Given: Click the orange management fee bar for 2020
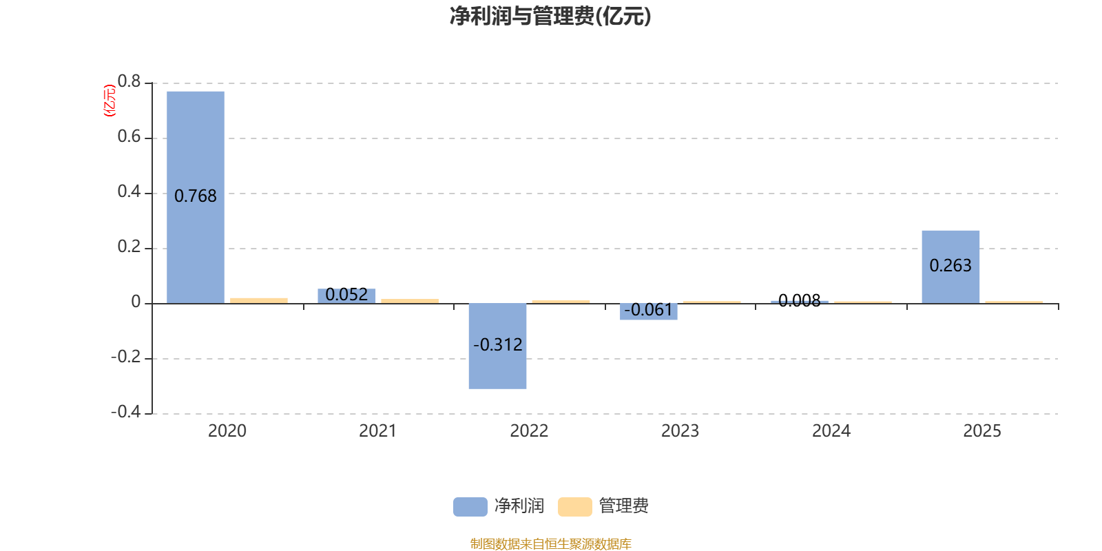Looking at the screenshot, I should click(x=259, y=300).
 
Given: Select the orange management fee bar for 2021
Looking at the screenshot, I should click(x=410, y=301).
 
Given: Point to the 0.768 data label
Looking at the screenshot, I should click(x=196, y=196).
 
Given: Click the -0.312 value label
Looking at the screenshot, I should click(x=497, y=344).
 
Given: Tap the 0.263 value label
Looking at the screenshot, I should click(x=950, y=266).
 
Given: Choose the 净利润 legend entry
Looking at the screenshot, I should click(x=500, y=506).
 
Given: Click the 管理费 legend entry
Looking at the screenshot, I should click(x=604, y=506).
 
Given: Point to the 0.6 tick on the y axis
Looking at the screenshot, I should click(x=129, y=137).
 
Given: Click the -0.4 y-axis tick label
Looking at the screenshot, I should click(x=125, y=412).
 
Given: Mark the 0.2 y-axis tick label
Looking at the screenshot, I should click(x=129, y=247).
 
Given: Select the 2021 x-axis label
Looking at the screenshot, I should click(x=377, y=431).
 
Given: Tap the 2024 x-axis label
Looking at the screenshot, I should click(x=831, y=431).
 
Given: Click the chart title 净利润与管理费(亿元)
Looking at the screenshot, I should click(x=550, y=16).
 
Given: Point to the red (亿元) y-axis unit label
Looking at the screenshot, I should click(x=109, y=101).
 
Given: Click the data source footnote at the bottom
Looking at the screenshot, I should click(x=550, y=544).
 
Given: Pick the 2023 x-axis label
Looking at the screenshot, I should click(x=680, y=431).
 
